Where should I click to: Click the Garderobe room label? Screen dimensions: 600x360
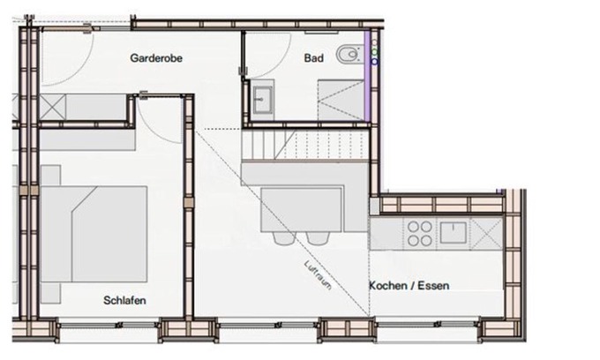tap(156, 58)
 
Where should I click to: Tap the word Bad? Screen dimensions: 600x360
tap(314, 58)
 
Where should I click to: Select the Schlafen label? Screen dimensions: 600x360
tap(124, 300)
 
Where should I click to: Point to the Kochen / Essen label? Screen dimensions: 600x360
tap(409, 285)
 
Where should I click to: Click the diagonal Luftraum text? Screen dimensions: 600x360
tap(318, 274)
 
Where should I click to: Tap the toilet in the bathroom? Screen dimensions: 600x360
tap(349, 55)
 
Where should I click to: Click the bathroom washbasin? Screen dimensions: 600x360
tap(263, 100)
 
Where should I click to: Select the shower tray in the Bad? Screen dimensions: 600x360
tap(341, 100)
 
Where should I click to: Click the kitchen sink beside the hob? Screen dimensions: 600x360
tap(453, 233)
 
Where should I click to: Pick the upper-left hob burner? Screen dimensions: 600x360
tap(413, 227)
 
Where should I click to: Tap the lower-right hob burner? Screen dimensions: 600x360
tap(426, 241)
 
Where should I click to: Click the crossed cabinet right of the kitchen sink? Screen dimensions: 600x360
tap(486, 234)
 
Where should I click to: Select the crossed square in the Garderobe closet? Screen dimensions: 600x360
tap(53, 107)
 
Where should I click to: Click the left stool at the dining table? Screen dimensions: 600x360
tap(283, 238)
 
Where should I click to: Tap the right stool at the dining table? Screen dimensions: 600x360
tap(318, 238)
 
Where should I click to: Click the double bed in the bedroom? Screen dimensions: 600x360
tap(94, 234)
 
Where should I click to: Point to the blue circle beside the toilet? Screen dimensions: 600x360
tap(375, 61)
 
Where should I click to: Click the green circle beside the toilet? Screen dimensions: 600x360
tap(375, 51)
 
